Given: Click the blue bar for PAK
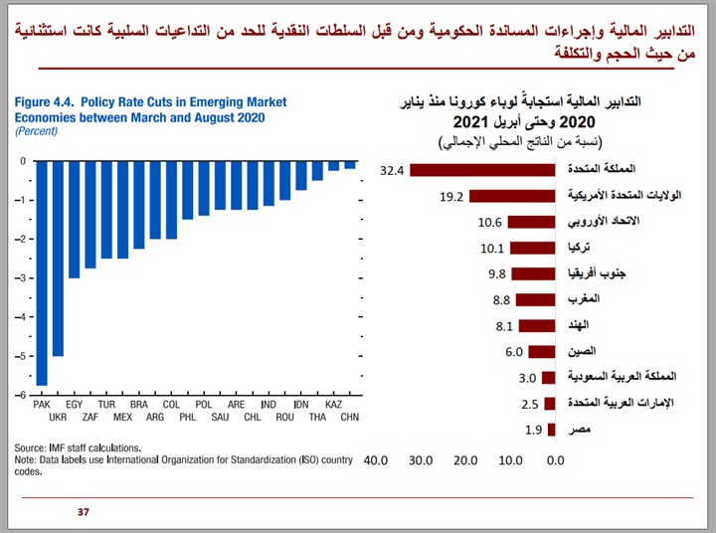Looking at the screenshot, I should [x=42, y=272].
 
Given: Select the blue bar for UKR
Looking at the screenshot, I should [x=58, y=258].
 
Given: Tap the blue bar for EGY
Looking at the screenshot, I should [x=74, y=219].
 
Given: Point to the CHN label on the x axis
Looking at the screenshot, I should [x=350, y=418].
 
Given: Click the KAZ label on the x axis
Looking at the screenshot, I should [x=333, y=406].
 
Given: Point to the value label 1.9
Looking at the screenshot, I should [x=532, y=430].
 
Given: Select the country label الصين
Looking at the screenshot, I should [x=580, y=351].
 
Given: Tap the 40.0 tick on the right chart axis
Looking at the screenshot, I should [x=375, y=460].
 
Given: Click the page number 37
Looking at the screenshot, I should [x=84, y=512].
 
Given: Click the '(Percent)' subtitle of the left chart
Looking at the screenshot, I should [x=36, y=130].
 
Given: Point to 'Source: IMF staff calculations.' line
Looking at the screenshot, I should [x=78, y=447].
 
